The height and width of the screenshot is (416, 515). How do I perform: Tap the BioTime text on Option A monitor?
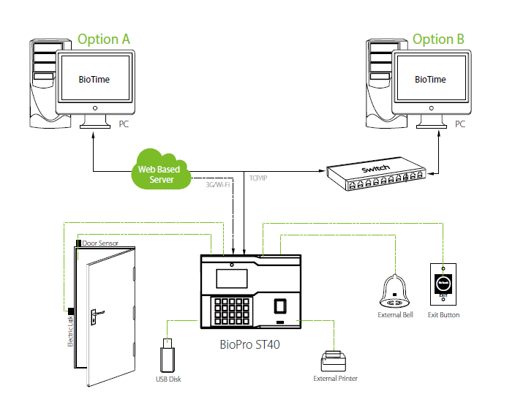point(94,79)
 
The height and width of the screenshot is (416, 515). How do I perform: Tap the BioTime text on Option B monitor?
point(429,79)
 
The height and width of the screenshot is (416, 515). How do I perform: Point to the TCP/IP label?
point(258,178)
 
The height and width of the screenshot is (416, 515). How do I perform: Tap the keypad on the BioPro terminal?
point(233,311)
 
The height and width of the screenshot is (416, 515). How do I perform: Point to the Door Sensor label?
point(100,243)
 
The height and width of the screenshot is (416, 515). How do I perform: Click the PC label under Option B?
point(460,124)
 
